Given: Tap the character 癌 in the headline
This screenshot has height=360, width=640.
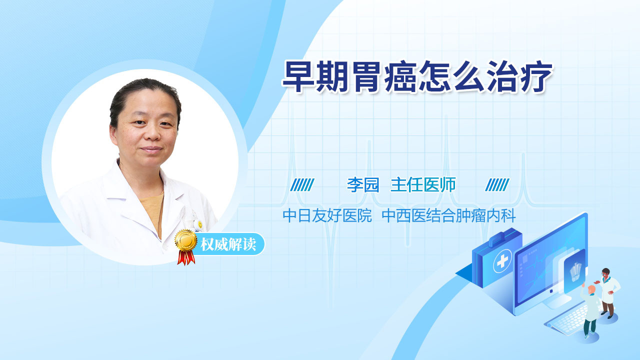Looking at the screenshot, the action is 400,76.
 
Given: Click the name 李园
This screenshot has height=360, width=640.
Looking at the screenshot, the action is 363,184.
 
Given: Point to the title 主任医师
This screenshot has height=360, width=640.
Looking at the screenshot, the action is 423,184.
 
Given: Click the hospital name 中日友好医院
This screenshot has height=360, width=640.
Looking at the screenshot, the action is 327,215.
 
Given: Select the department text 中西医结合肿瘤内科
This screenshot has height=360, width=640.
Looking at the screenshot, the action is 448,215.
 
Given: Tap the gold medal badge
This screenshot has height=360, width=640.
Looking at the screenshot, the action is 186,240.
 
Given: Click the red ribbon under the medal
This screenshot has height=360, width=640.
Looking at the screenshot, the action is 186,257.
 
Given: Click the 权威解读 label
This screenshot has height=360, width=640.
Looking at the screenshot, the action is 228,244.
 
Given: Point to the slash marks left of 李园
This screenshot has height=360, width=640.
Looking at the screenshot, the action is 302,185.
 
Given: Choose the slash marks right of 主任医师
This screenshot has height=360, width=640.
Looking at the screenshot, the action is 497,185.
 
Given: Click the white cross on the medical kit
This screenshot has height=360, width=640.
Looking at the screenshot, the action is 502,261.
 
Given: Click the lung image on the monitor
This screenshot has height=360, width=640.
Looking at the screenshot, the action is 576,271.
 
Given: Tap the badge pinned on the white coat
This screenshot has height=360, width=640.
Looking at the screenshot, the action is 200,224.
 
